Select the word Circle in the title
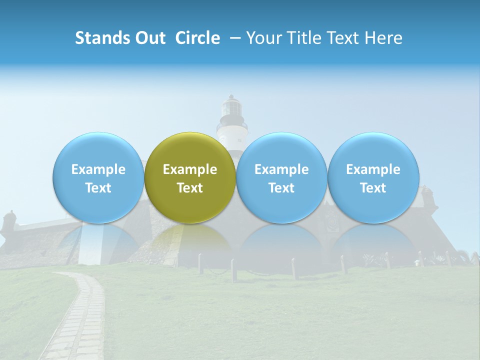click(x=197, y=38)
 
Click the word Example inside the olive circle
click(x=190, y=169)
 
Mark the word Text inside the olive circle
click(x=190, y=188)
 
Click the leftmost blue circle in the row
click(x=98, y=177)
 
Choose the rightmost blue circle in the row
click(x=373, y=177)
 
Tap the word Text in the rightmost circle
click(x=373, y=188)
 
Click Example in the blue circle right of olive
click(x=281, y=169)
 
